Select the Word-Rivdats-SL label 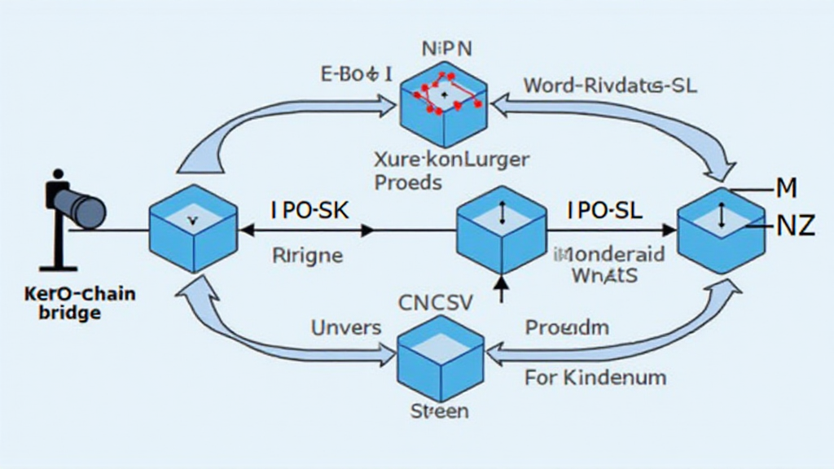(610, 85)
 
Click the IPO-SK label (309, 210)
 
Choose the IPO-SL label (604, 210)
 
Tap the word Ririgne (306, 255)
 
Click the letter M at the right (785, 189)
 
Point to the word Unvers (346, 328)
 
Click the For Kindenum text (595, 377)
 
